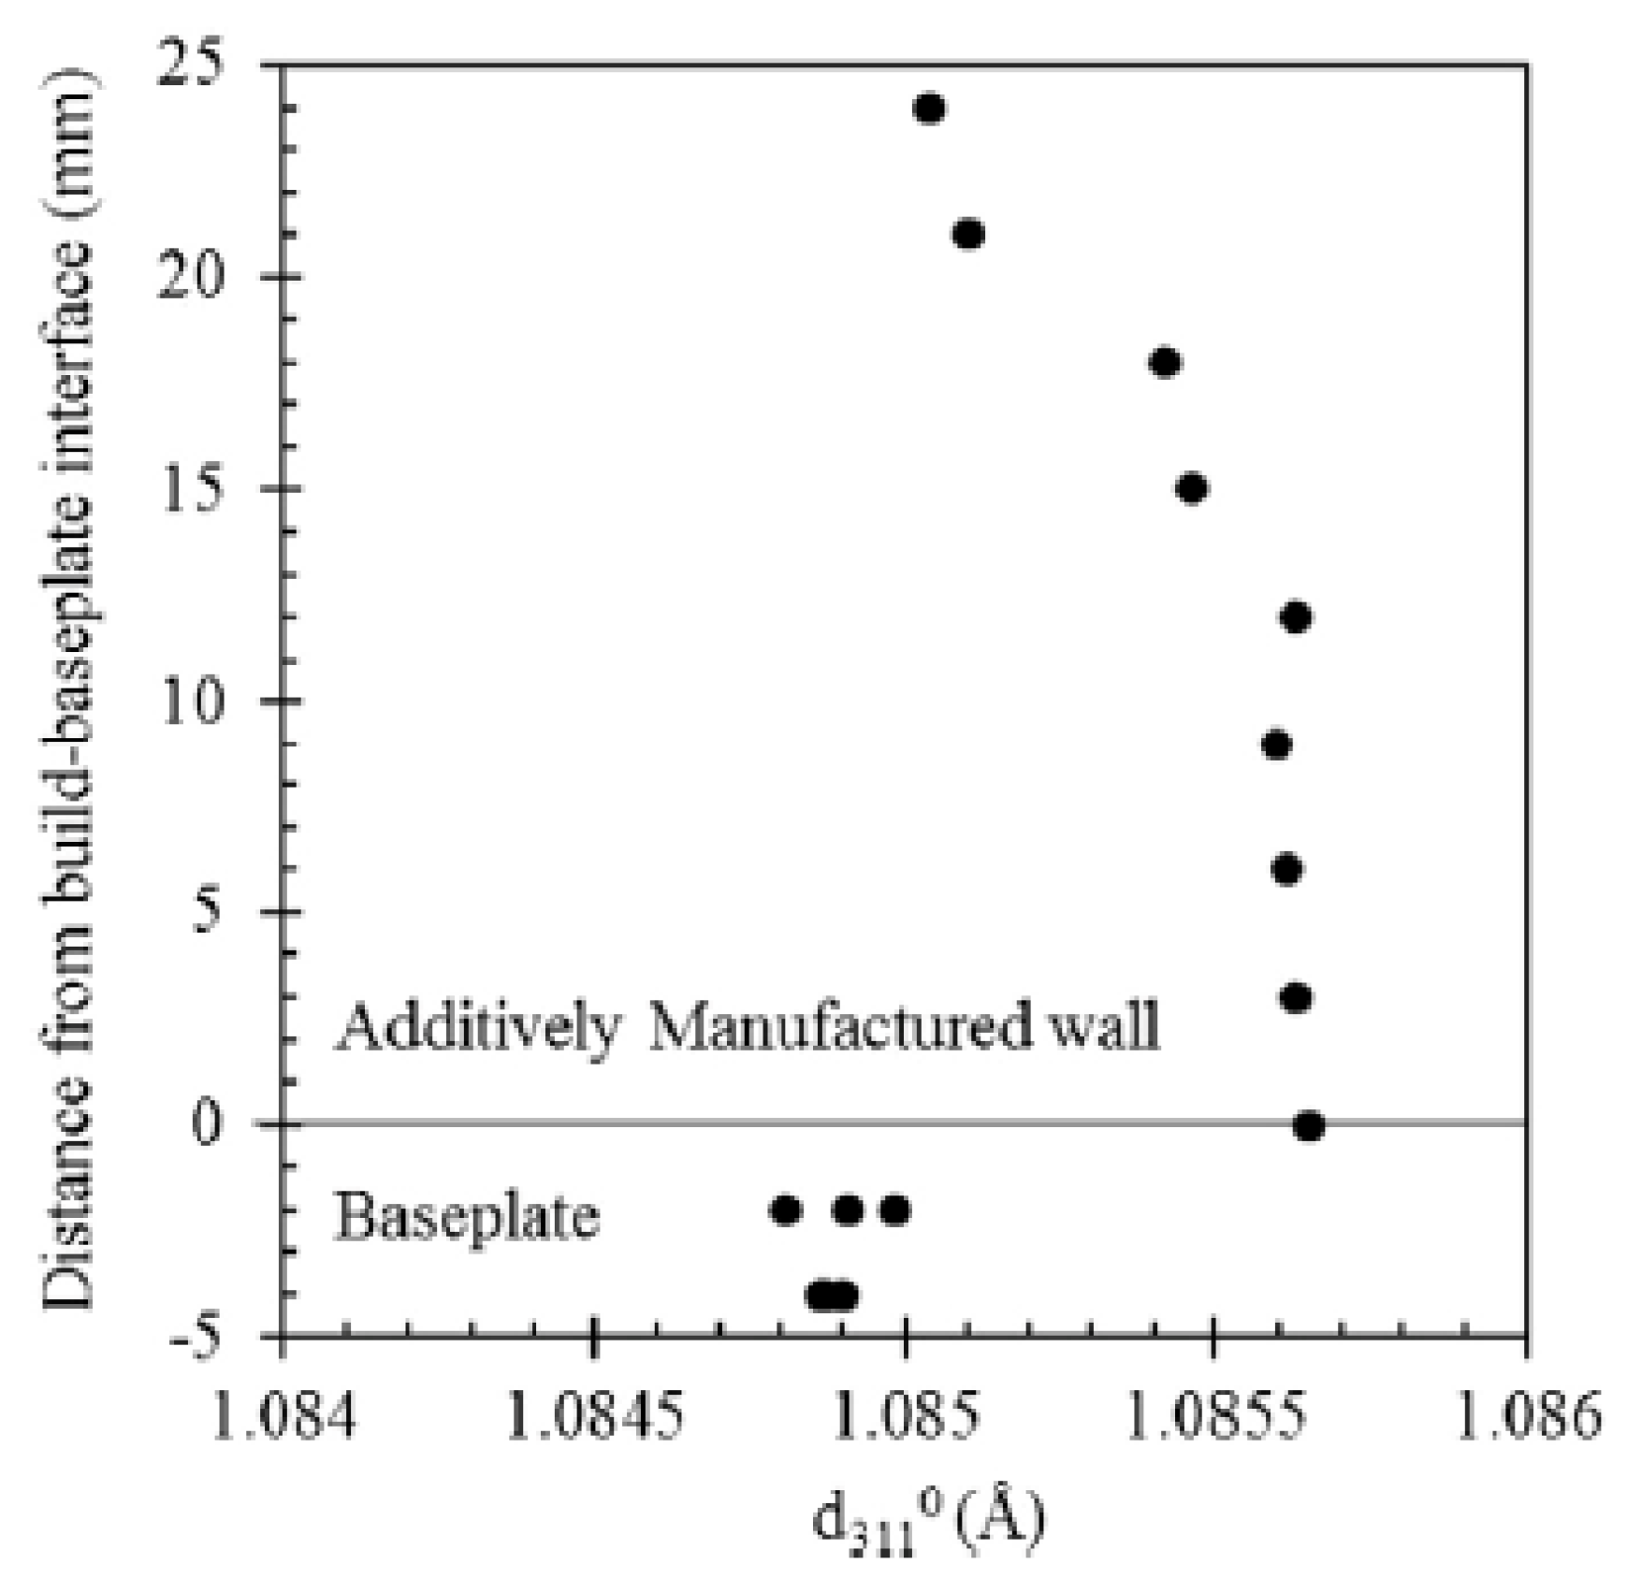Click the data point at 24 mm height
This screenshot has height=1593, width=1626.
[928, 109]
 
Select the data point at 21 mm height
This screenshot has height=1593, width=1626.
[968, 234]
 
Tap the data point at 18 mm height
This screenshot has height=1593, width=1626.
[1164, 362]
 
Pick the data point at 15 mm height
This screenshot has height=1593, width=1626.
[1191, 488]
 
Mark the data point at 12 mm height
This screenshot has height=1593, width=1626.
[1296, 617]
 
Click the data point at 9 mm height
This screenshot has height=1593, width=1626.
[1276, 745]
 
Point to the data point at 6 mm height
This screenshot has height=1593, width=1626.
[1287, 870]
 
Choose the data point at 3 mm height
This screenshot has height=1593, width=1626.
[1296, 998]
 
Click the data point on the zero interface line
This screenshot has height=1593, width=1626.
[1309, 1126]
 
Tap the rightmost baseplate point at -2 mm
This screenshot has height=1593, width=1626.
[894, 1210]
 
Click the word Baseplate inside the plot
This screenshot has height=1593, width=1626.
[467, 1217]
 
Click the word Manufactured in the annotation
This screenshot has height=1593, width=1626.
[838, 1026]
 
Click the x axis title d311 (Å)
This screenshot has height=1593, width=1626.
[926, 1518]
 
